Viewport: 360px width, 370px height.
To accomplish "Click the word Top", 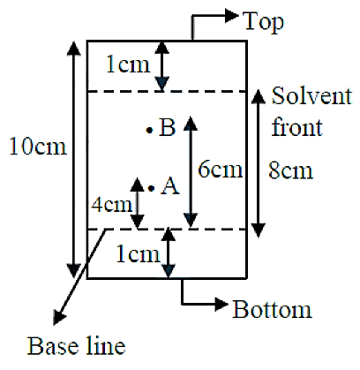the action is [264, 22].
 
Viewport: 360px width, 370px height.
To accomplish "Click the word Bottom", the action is [272, 309].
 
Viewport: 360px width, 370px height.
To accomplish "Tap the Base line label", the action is [77, 346].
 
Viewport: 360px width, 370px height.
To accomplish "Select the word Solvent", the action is [311, 95].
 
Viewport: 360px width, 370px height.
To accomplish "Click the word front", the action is [297, 127].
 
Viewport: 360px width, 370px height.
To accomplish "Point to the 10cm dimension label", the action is [38, 147].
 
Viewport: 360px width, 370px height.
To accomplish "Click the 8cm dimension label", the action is [290, 170].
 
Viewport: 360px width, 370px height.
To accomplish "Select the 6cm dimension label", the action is [221, 170].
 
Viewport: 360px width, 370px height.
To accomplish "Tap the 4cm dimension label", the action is [112, 204].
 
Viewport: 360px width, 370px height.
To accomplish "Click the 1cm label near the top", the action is [128, 64].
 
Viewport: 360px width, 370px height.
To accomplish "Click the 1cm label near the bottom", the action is [139, 254].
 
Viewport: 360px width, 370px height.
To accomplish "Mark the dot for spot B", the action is [150, 130].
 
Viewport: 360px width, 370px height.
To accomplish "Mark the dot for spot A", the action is [151, 188].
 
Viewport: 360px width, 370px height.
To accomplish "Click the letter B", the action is [167, 127].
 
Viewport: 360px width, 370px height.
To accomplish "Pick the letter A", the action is [170, 185].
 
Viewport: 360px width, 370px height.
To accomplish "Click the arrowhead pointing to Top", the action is [231, 15].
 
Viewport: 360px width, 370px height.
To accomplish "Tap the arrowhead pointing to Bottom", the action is [221, 304].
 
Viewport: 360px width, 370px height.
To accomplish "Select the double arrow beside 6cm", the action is [191, 172].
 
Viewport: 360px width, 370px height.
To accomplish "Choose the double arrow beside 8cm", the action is [259, 163].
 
